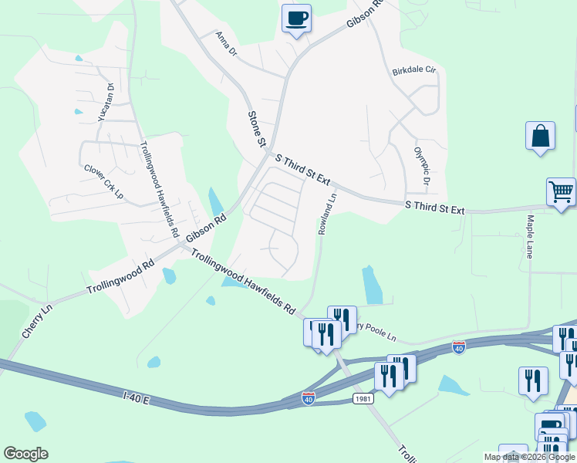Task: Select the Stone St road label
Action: [256, 129]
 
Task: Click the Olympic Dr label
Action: [421, 167]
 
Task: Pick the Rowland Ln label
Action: [328, 214]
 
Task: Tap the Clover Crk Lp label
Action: [103, 181]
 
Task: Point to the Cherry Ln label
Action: [36, 319]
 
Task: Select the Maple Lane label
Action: [530, 237]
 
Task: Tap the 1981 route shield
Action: [364, 398]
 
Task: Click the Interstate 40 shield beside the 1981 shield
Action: [309, 399]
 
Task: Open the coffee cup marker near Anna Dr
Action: [296, 19]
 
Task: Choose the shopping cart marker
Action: [561, 192]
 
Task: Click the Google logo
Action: [25, 454]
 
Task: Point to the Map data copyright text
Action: [529, 457]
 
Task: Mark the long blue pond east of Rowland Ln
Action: [373, 285]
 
